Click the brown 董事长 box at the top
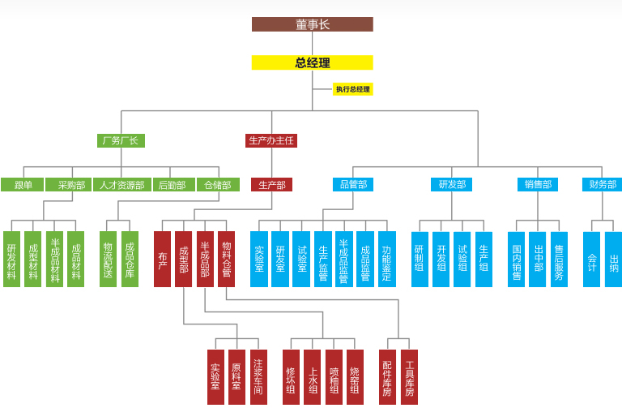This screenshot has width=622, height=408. click(x=312, y=24)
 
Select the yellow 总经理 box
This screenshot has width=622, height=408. click(x=312, y=62)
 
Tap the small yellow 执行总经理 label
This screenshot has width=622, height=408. click(x=353, y=89)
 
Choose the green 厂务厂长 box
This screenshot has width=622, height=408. click(x=120, y=140)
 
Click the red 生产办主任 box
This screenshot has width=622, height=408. click(x=271, y=140)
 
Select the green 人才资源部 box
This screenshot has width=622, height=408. click(x=121, y=185)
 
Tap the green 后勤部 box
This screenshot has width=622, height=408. click(x=172, y=185)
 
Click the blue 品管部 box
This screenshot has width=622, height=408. click(x=353, y=185)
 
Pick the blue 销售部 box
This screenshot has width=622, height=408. click(x=537, y=185)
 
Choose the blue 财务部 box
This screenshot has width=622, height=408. click(x=601, y=185)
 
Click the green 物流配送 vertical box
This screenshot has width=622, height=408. click(x=109, y=259)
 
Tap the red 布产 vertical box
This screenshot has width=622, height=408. click(x=162, y=259)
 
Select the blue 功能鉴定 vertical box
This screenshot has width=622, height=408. click(x=386, y=259)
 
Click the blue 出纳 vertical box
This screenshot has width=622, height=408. click(x=613, y=259)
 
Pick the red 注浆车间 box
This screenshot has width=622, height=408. click(x=258, y=376)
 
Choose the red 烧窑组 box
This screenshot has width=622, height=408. click(x=355, y=376)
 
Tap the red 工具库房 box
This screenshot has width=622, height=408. click(x=409, y=376)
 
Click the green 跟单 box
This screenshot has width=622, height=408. click(x=23, y=185)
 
